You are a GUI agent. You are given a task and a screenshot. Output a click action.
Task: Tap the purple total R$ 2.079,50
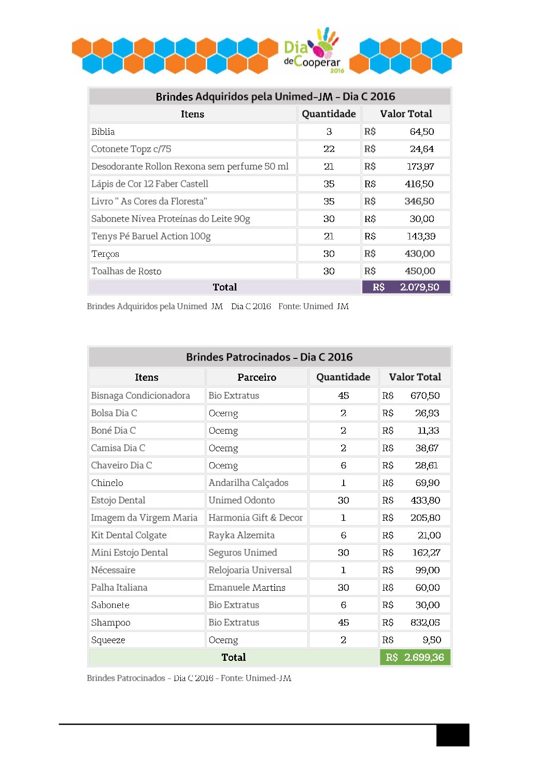(x=406, y=287)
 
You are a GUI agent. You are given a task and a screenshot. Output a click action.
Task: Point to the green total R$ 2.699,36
(x=415, y=657)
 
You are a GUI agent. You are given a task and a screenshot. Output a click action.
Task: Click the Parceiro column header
(x=257, y=377)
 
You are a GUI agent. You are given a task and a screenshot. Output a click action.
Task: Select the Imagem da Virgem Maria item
(x=144, y=518)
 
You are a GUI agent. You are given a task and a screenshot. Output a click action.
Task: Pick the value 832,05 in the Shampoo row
(x=425, y=622)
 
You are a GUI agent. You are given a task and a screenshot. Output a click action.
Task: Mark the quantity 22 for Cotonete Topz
(x=329, y=149)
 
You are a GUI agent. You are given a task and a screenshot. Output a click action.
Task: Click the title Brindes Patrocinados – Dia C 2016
(x=269, y=357)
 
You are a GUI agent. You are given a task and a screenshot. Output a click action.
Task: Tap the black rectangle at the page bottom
(x=452, y=735)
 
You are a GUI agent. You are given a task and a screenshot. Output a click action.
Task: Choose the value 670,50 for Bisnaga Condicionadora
(x=425, y=396)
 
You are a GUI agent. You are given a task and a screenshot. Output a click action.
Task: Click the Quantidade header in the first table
(x=329, y=114)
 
